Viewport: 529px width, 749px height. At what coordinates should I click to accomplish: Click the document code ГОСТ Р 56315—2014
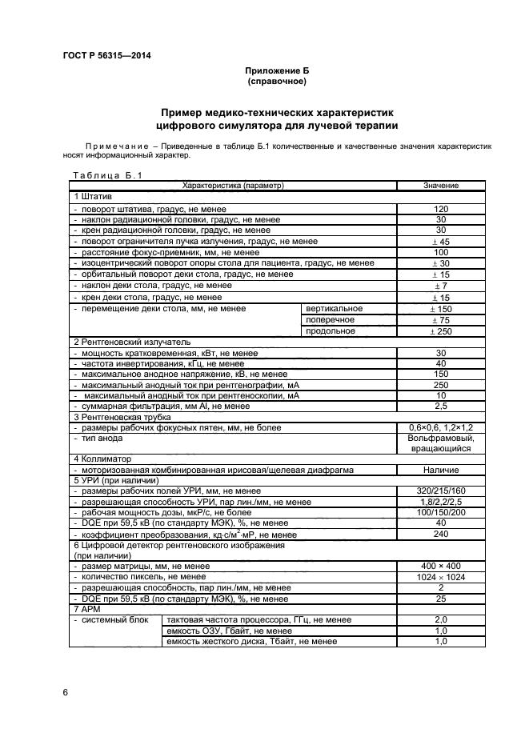tap(106, 55)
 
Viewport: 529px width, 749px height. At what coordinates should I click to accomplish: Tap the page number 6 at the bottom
tap(65, 691)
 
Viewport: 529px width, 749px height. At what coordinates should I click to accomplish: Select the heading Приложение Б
tap(276, 71)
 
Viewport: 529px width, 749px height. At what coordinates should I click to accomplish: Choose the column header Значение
tap(440, 186)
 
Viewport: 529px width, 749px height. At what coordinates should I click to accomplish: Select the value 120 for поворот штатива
tap(440, 208)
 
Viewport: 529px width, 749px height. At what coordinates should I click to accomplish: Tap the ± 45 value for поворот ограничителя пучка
tap(440, 241)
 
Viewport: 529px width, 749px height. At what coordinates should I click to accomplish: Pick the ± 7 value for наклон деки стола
tap(440, 286)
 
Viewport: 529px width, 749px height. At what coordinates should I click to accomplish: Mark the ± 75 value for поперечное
tap(440, 319)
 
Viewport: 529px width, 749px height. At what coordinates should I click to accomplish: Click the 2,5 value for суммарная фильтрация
tap(440, 406)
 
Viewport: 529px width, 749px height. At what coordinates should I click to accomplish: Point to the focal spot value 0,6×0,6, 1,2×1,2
tap(440, 428)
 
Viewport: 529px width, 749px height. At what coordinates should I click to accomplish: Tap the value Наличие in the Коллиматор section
tap(440, 470)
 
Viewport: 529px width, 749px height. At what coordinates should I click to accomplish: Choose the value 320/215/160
tap(440, 491)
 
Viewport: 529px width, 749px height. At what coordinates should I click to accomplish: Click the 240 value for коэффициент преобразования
tap(440, 534)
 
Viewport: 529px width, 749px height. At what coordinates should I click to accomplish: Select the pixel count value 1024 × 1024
tap(440, 577)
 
